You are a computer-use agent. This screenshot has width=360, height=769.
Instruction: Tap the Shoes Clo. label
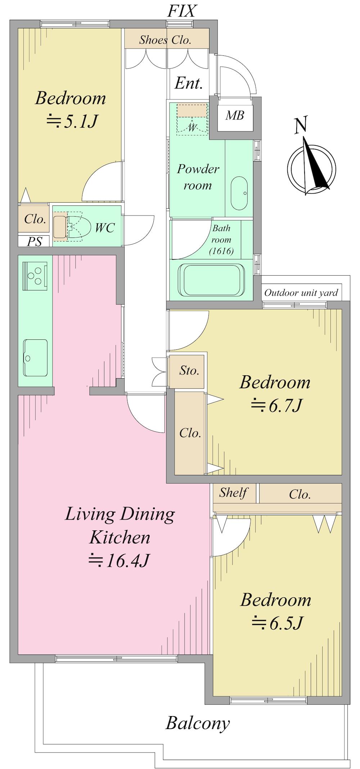tap(165, 40)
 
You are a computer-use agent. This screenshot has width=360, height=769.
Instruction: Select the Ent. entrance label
tap(189, 83)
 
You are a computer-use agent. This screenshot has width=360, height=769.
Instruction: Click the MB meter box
tap(235, 115)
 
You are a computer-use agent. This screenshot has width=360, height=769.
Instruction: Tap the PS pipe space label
tap(35, 241)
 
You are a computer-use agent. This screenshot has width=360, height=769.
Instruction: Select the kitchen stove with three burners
tap(35, 276)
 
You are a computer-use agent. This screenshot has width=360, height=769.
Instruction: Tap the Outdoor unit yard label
tap(301, 293)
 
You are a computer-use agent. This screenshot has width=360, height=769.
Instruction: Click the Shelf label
tap(233, 493)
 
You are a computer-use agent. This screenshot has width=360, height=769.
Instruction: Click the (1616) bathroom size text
tap(221, 251)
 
